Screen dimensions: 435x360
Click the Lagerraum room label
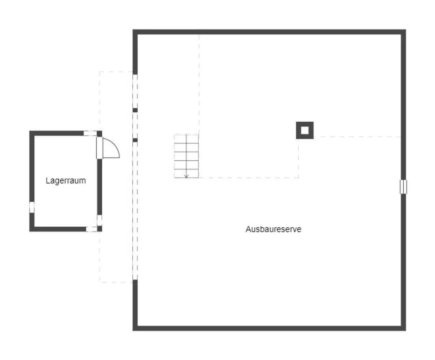pos(66,181)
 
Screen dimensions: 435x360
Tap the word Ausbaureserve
pos(273,229)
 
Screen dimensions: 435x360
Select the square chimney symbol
pos(304,130)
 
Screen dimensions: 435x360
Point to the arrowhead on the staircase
pos(187,176)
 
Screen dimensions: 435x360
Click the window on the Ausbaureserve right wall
pos(403,187)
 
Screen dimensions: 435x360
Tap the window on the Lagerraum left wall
pos(32,207)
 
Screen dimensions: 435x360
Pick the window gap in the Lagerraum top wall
pos(90,134)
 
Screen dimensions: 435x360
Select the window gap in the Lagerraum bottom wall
pos(91,229)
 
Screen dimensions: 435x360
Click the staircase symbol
pos(187,156)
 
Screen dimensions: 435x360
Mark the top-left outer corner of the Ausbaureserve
pos(133,30)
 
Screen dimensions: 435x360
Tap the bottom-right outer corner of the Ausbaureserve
pos(405,330)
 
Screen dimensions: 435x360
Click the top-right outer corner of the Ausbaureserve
pos(405,30)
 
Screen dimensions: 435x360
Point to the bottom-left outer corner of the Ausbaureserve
pos(133,330)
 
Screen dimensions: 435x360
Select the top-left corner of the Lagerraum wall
pos(30,131)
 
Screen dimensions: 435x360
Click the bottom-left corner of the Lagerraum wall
pos(30,231)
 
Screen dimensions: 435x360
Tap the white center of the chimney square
pos(304,130)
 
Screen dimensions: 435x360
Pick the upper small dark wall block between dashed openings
pos(135,110)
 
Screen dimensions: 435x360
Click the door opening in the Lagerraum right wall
pos(99,148)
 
